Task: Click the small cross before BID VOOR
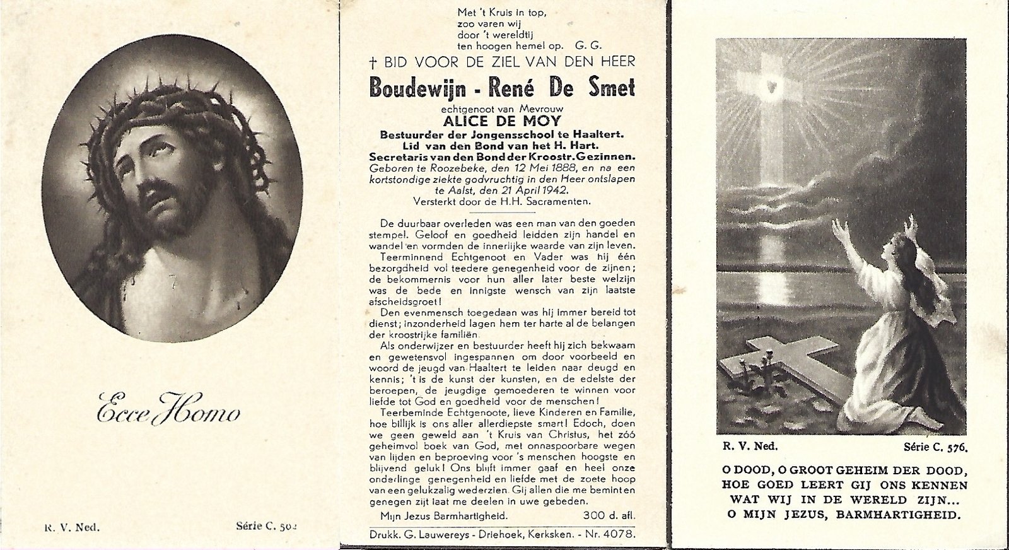click(373, 62)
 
